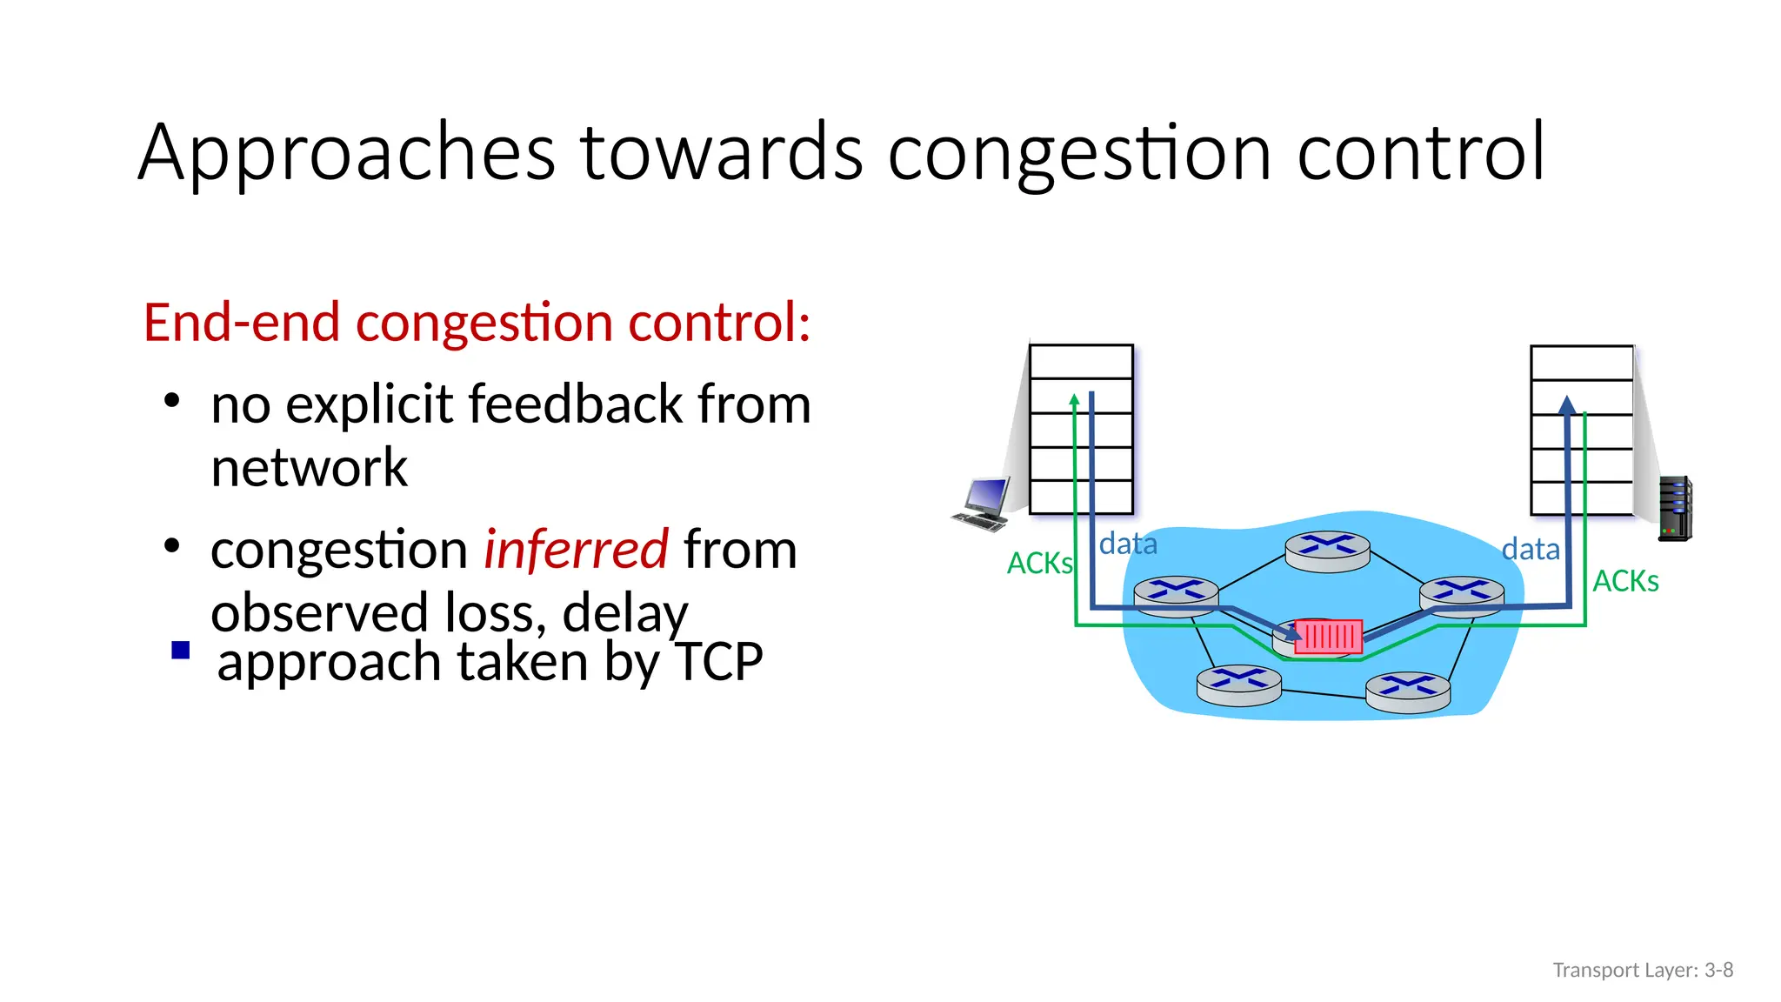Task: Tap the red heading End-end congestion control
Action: [477, 323]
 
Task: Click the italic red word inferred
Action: [576, 550]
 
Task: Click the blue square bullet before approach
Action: [181, 651]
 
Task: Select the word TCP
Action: [718, 662]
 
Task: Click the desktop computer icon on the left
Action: [982, 504]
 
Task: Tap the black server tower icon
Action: [1674, 509]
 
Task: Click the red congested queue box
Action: [1328, 637]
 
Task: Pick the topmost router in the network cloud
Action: [1327, 551]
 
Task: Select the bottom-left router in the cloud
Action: [1238, 685]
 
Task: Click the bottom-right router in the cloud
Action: [1408, 692]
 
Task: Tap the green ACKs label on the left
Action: [1039, 564]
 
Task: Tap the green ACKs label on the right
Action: [1625, 581]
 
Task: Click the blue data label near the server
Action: [1531, 550]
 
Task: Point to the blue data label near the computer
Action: [1128, 544]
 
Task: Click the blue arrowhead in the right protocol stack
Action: [1567, 404]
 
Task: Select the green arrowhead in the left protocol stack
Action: [1075, 399]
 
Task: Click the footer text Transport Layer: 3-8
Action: [1643, 970]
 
